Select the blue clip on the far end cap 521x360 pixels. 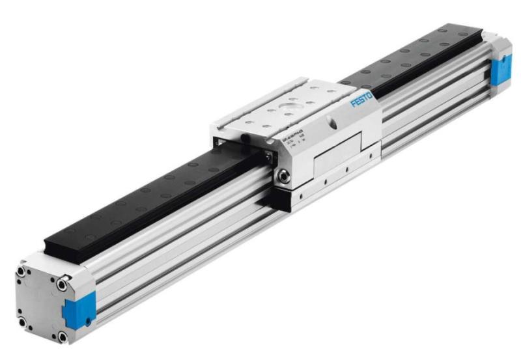(501, 70)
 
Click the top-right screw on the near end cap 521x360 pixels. (62, 284)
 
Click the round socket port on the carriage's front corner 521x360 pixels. (285, 176)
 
